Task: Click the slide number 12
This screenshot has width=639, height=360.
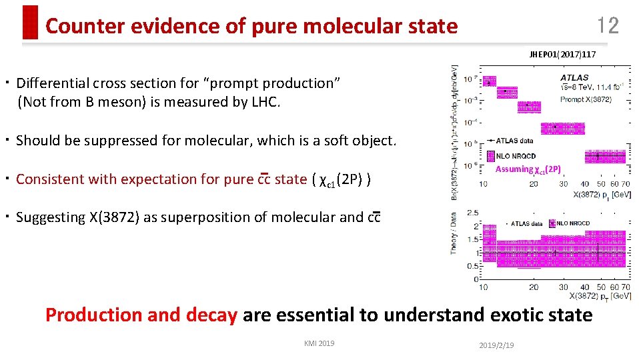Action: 608,26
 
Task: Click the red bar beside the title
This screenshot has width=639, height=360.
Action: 30,22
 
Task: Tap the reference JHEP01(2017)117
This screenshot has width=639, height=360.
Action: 563,55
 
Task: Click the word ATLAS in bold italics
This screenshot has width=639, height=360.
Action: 574,78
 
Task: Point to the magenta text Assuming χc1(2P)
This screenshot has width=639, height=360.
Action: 528,169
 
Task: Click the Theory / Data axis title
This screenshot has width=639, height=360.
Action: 454,234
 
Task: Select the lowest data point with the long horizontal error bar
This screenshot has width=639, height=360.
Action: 598,155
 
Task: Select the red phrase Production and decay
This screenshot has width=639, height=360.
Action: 141,315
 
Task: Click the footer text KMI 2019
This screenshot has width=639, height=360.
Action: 319,343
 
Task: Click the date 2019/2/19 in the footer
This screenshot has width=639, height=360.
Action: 498,345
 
